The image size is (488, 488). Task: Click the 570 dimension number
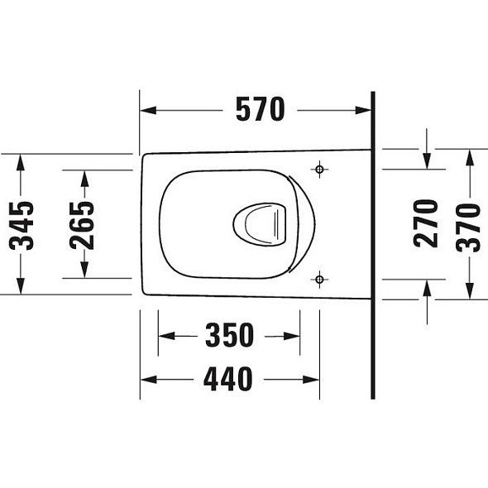(x=261, y=109)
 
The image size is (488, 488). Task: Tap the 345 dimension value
(x=22, y=226)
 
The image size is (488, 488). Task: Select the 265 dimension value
(x=82, y=226)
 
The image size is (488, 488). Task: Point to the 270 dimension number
(x=426, y=223)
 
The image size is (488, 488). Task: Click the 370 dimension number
(x=468, y=227)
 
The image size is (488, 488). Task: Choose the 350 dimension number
(x=230, y=335)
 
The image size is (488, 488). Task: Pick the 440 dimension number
(x=227, y=379)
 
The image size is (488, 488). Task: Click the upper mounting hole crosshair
(x=319, y=170)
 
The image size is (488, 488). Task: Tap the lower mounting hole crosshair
(x=319, y=280)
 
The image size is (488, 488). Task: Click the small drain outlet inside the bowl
(x=260, y=224)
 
